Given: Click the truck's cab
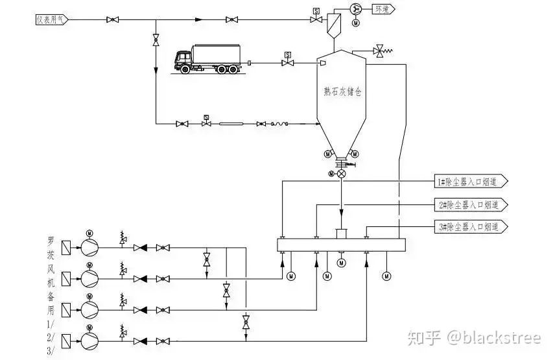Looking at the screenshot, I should pyautogui.click(x=183, y=60).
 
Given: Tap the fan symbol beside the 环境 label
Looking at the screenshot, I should pyautogui.click(x=355, y=8).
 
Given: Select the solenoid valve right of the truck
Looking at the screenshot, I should pyautogui.click(x=287, y=63).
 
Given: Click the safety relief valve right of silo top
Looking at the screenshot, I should pyautogui.click(x=379, y=50).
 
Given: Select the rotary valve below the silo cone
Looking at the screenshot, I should pyautogui.click(x=341, y=174).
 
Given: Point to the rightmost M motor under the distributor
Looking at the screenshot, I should pyautogui.click(x=387, y=276).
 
